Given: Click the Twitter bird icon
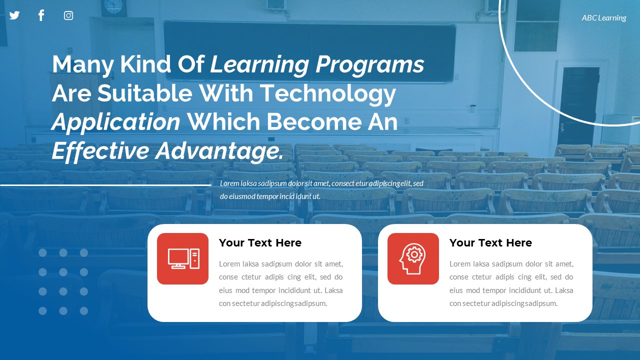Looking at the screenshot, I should coord(14,15).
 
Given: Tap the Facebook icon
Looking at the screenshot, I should coord(41,15).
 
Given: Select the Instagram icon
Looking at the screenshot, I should coord(68,15).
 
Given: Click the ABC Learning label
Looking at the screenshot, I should coord(603,18).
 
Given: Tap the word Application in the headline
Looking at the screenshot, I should coord(116,122).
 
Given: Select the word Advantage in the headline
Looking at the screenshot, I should coord(219,151).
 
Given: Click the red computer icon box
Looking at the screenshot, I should coord(182,258).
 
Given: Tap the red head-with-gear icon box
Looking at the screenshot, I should coord(413,258).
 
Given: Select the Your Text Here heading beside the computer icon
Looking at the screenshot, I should coord(260,243).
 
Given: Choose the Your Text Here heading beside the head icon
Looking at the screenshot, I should coord(490,243).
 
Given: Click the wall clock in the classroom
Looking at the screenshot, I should coord(113,6).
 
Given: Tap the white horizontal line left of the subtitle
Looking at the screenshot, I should coord(105,185).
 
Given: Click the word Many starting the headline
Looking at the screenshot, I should coord(77,65).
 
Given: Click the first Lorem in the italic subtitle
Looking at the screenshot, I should coord(229,183).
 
